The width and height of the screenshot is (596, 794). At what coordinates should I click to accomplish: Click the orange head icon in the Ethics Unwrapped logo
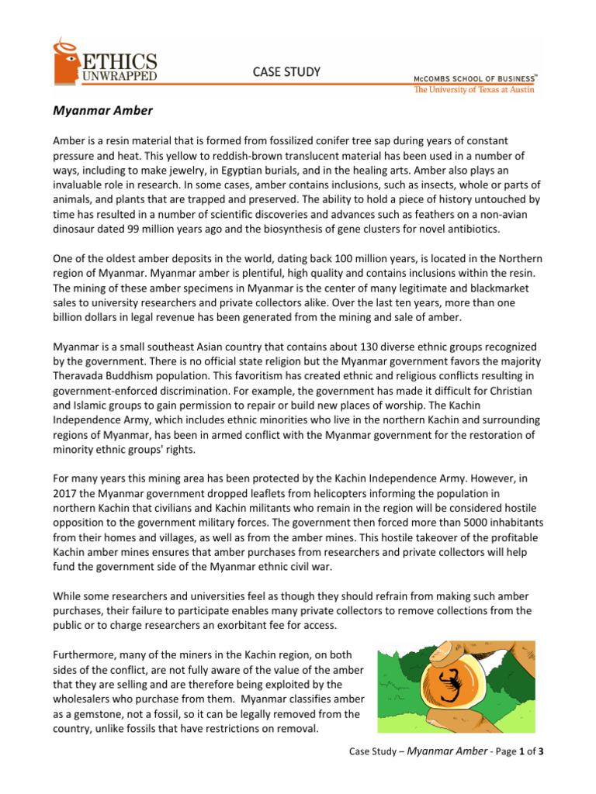(66, 62)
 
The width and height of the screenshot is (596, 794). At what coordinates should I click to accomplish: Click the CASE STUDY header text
(286, 72)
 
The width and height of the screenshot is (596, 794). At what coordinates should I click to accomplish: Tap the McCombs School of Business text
(472, 78)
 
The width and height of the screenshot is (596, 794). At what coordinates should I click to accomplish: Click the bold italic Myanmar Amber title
(102, 111)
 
